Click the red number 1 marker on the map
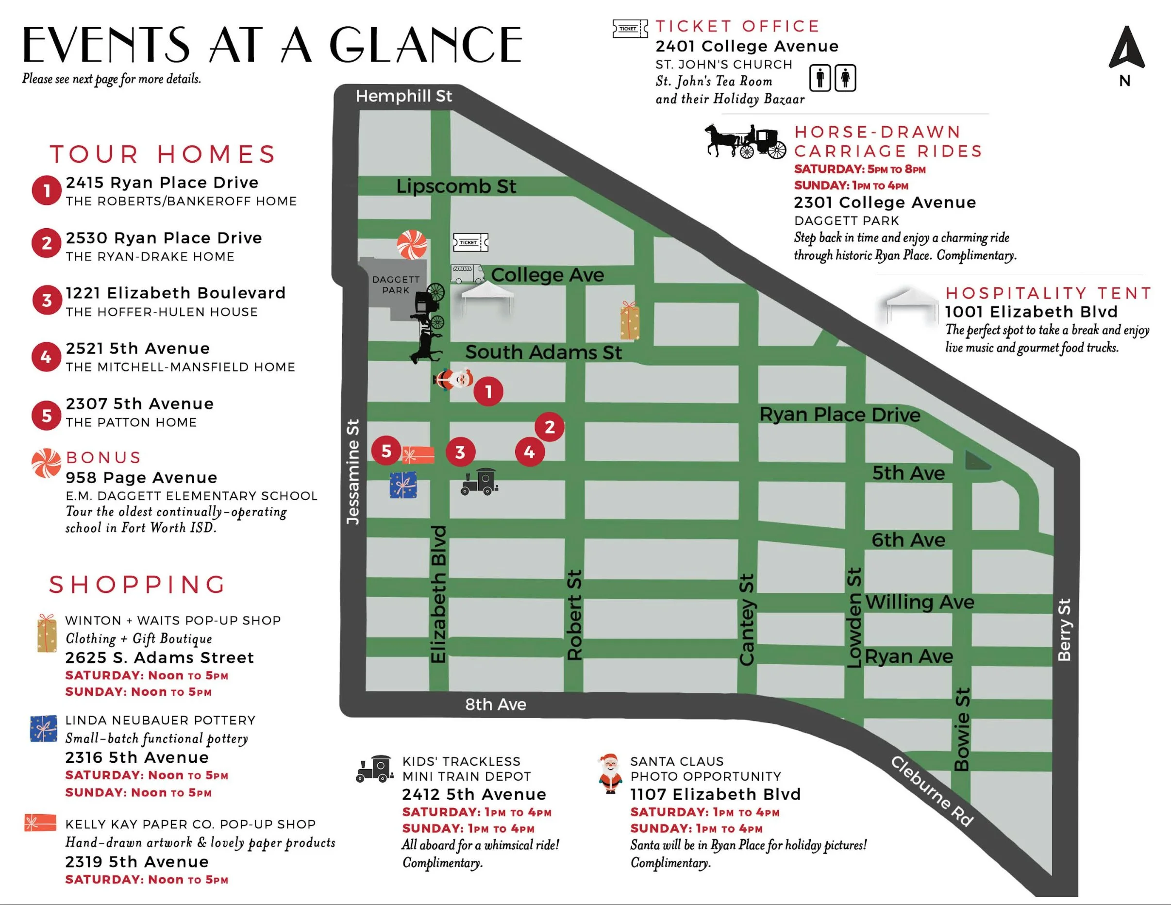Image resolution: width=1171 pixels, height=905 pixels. click(x=488, y=391)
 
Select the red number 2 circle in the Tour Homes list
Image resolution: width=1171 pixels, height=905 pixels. click(x=47, y=243)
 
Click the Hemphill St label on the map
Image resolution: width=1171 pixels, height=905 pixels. click(x=404, y=96)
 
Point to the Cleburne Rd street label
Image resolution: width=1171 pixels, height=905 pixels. click(x=932, y=791)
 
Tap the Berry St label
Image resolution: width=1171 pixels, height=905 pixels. click(x=1064, y=629)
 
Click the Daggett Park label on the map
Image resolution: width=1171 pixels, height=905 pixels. click(x=396, y=285)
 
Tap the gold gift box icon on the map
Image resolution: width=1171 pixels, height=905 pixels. click(x=630, y=320)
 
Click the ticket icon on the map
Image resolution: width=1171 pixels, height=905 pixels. click(x=470, y=242)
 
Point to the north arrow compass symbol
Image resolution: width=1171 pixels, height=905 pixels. click(x=1126, y=50)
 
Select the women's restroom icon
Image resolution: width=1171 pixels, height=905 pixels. click(x=846, y=78)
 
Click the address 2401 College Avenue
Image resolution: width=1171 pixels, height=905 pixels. click(x=746, y=46)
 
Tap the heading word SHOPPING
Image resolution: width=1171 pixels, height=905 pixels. click(x=138, y=585)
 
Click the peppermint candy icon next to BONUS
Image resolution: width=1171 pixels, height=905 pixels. click(x=46, y=463)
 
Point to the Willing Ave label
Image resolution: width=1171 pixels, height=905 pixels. click(x=919, y=602)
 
